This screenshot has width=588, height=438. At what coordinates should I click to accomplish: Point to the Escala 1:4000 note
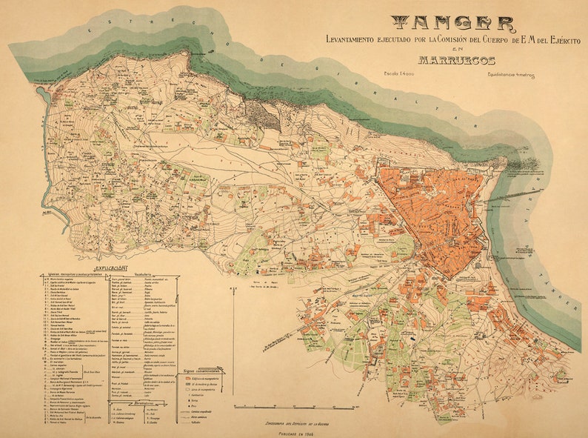399,73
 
